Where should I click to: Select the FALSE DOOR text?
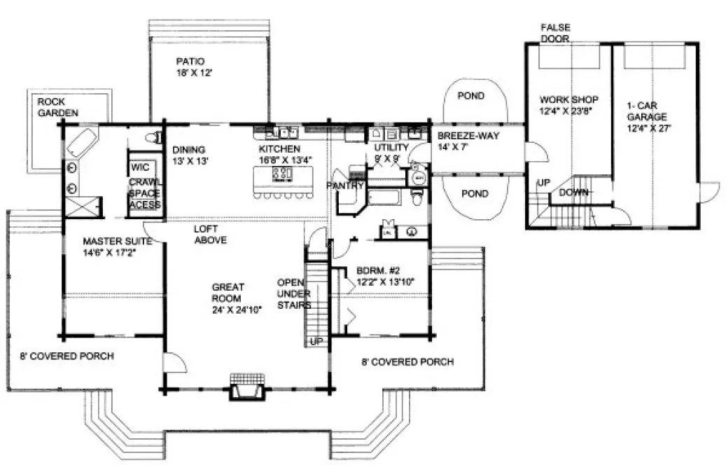554,33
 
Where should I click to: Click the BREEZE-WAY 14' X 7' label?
468,141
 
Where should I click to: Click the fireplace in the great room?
247,387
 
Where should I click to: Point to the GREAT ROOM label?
228,298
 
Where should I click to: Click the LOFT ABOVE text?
211,234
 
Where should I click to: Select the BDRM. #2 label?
384,276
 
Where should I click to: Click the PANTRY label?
344,186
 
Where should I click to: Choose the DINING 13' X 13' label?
188,155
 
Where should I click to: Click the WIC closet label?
139,168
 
